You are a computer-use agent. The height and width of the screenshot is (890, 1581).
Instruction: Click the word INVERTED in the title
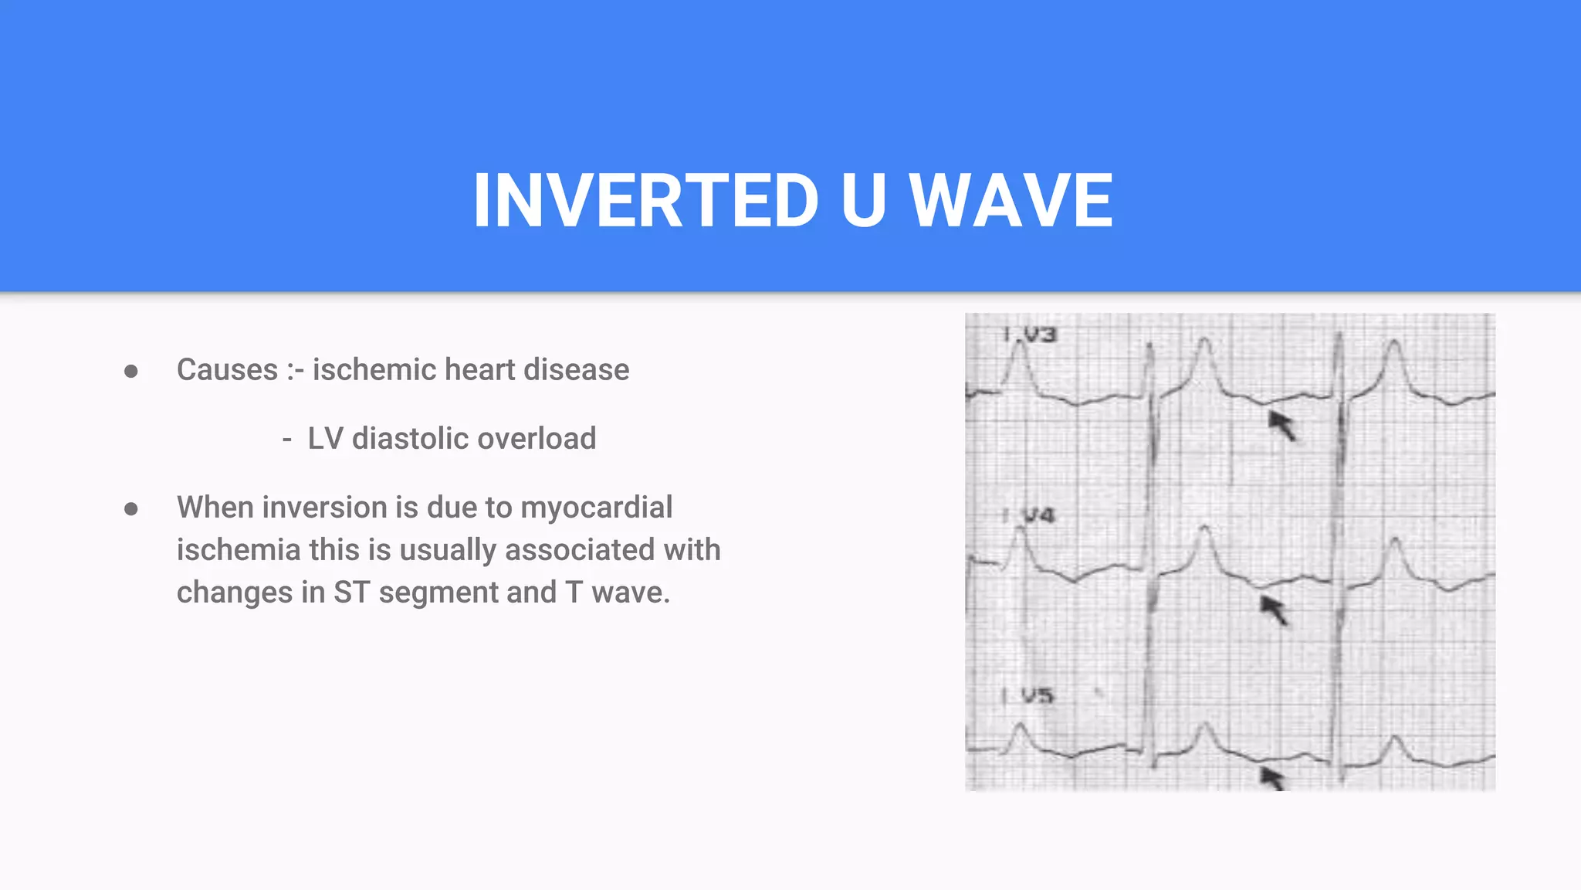(645, 201)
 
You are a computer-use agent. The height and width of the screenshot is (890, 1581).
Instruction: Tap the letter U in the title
(863, 201)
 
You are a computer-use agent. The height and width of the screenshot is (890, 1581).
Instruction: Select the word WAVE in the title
(1011, 201)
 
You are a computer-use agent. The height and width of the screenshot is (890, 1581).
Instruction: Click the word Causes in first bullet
(227, 370)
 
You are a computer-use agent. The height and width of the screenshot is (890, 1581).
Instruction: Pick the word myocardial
(596, 508)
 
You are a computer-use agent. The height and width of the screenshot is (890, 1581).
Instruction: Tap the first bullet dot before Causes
(131, 372)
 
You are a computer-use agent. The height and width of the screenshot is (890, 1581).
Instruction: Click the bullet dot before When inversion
(131, 509)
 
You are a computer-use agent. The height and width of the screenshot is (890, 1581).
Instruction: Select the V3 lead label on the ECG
(1038, 335)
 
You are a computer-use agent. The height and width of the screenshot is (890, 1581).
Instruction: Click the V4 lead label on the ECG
(1038, 515)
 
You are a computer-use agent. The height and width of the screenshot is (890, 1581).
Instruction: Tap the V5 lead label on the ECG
(1037, 696)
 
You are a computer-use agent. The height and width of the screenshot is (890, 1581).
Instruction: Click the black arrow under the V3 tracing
(1282, 425)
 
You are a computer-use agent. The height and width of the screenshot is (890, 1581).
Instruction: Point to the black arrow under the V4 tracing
(1275, 610)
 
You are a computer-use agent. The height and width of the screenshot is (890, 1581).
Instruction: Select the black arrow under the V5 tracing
(1272, 777)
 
